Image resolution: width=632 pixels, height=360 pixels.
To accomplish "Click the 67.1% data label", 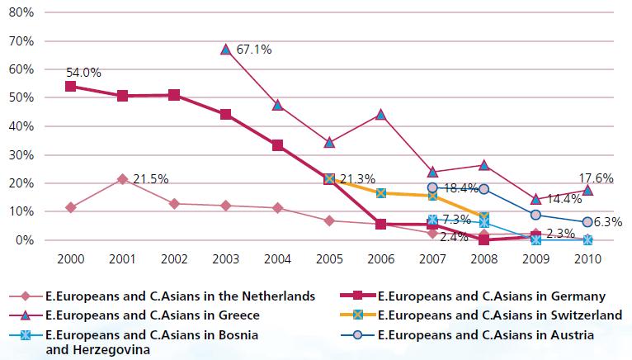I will [254, 50].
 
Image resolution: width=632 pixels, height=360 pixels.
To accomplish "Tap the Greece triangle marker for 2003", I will [226, 50].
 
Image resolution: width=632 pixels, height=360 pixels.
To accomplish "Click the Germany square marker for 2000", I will [71, 86].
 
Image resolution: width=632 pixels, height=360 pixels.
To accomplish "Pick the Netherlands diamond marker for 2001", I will [123, 179].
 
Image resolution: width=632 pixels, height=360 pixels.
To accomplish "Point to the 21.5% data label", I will [150, 179].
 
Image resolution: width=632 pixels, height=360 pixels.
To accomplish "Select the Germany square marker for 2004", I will [278, 145].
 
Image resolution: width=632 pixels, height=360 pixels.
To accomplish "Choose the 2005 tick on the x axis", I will [329, 258].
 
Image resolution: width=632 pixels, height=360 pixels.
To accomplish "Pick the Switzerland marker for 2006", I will [381, 192].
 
